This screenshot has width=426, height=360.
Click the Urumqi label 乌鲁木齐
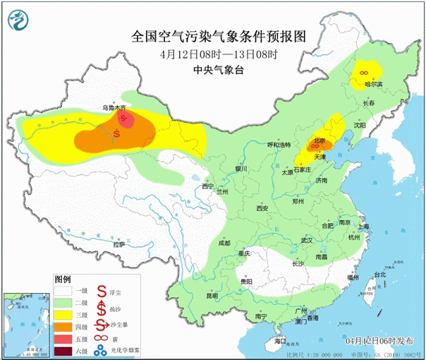[114, 107]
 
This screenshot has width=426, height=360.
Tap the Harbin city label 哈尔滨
[373, 84]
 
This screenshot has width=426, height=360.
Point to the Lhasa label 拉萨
[119, 244]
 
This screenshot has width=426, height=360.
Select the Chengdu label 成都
[224, 242]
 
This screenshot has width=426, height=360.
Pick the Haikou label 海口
[280, 341]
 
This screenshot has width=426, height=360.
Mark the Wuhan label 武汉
[306, 240]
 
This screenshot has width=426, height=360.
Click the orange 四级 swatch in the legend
[64, 326]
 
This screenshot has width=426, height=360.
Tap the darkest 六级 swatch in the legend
[64, 351]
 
